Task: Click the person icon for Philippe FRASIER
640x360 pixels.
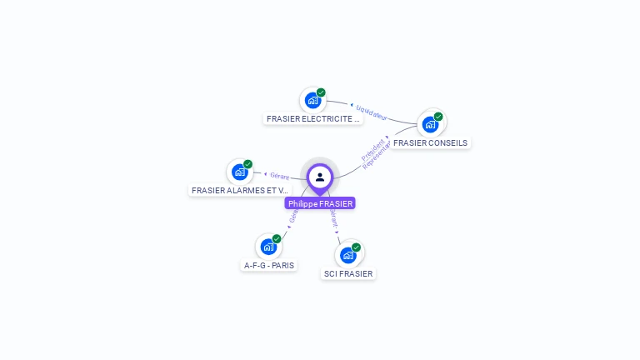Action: [x=320, y=177]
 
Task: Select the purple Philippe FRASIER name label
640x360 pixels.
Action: [x=320, y=203]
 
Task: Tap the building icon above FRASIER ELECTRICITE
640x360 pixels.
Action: [x=312, y=101]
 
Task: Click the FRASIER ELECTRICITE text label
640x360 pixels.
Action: [x=312, y=119]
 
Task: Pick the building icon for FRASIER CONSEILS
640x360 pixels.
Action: [x=430, y=124]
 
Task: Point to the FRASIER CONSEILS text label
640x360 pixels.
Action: [x=430, y=143]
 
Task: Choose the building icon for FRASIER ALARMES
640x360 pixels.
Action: [x=240, y=172]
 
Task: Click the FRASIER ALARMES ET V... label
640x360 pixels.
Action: [x=239, y=191]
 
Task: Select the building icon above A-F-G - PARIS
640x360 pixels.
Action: [x=268, y=247]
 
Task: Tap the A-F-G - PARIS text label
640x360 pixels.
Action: [x=268, y=266]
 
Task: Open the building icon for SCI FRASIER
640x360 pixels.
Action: [x=348, y=255]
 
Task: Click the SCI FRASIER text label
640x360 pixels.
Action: [x=348, y=274]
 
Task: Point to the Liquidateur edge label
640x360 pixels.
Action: [x=372, y=112]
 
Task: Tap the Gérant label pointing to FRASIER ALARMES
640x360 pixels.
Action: [x=279, y=176]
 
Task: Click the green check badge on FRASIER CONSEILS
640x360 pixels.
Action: [x=438, y=117]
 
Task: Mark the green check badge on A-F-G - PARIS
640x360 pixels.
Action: [x=277, y=239]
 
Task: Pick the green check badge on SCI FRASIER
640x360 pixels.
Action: [x=356, y=247]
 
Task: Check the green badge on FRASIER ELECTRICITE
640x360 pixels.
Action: [x=321, y=92]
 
